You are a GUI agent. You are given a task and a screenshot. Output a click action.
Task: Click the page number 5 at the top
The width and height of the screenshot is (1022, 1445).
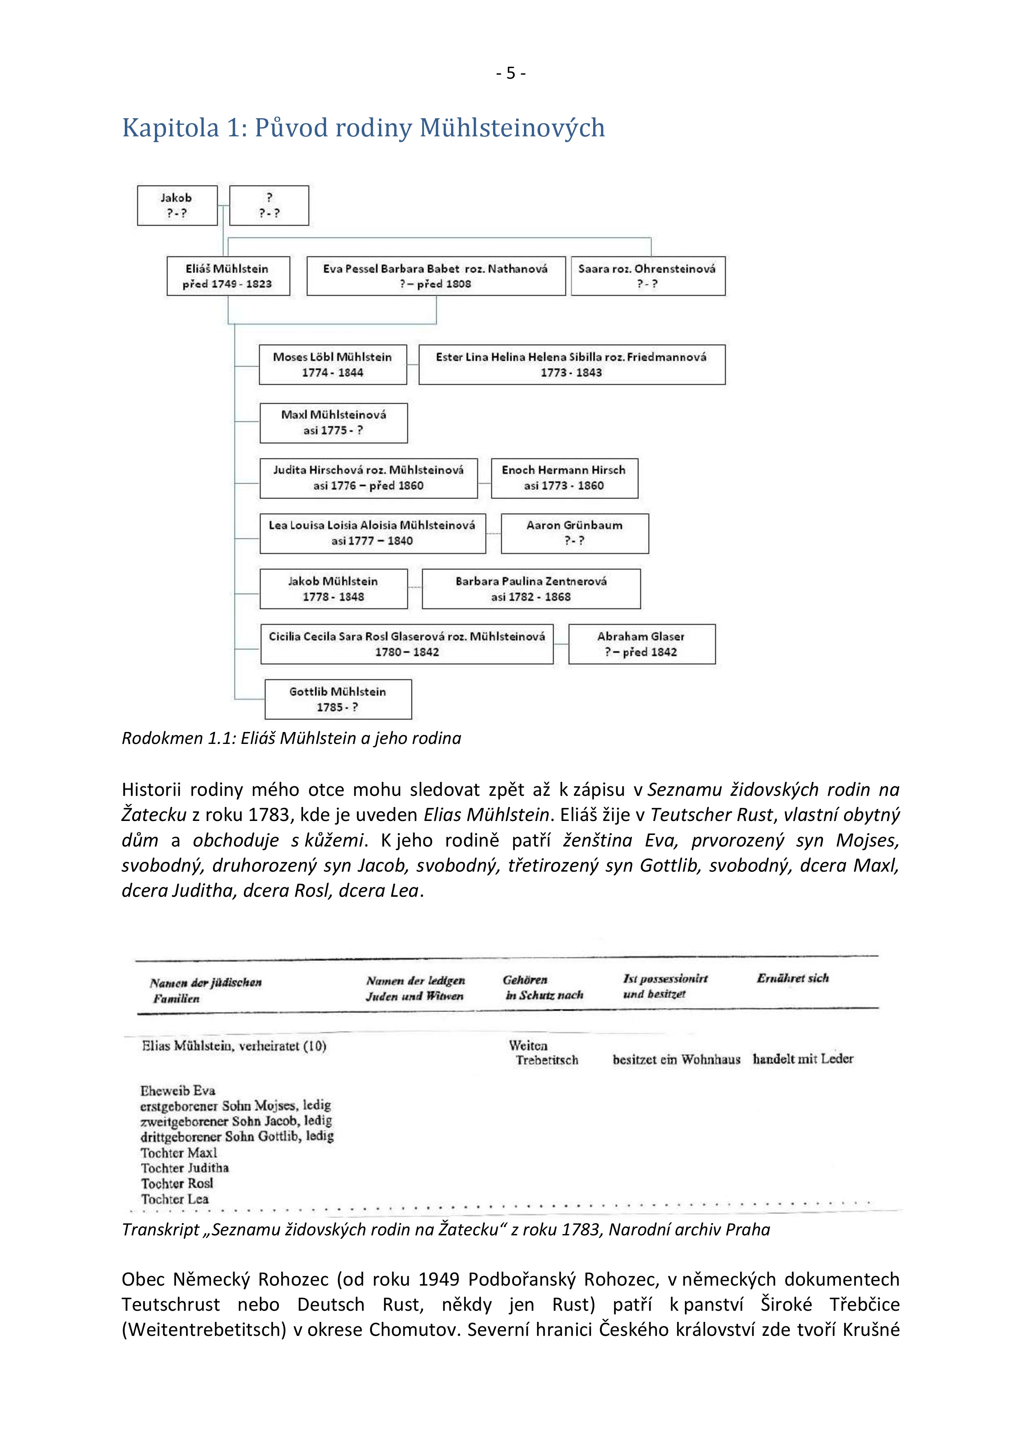(x=510, y=74)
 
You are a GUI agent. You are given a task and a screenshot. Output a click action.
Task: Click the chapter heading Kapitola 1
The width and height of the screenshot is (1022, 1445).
(x=362, y=128)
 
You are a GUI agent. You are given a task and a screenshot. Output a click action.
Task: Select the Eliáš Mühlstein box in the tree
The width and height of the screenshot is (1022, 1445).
(x=228, y=276)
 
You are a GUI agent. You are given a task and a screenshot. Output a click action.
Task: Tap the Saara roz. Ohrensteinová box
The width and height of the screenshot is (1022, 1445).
(x=648, y=276)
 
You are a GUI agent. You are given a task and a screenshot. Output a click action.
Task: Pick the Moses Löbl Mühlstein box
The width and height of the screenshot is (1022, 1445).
(x=332, y=365)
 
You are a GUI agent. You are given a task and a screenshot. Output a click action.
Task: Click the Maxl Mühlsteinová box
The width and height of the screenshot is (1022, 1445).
(x=334, y=422)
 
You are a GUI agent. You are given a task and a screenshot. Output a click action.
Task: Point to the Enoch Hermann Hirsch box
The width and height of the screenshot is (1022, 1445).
(x=564, y=478)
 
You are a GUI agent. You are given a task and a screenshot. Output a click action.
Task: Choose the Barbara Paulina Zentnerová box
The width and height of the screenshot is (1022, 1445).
(x=531, y=589)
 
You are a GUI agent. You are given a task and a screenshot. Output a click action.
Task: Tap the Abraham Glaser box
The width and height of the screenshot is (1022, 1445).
(x=641, y=644)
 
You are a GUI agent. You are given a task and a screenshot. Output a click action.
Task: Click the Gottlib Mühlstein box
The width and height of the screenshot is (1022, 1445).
(x=338, y=699)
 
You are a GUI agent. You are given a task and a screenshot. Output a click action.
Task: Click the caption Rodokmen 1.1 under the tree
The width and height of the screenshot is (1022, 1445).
(x=291, y=738)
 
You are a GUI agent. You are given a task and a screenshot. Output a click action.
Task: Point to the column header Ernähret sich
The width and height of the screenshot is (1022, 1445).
(x=792, y=978)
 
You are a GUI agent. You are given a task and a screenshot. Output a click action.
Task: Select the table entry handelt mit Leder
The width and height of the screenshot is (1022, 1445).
(x=802, y=1059)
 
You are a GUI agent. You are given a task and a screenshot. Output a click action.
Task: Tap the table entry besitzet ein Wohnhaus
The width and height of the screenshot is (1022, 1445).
(x=676, y=1060)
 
